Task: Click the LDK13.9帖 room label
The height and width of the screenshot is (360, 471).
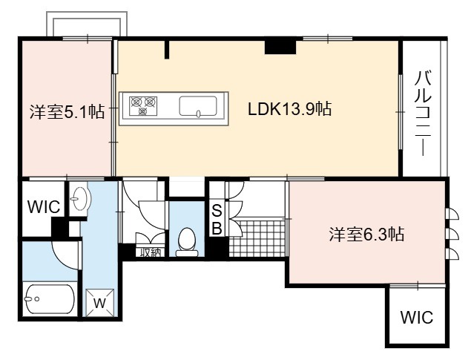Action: click(x=289, y=109)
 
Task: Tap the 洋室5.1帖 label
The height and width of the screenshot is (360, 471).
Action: click(x=67, y=112)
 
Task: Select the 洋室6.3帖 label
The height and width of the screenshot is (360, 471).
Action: click(x=366, y=234)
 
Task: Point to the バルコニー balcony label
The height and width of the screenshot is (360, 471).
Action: click(x=423, y=113)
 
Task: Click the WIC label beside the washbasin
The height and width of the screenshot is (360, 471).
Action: click(x=44, y=207)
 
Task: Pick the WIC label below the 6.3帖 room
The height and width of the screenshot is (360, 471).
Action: click(x=417, y=318)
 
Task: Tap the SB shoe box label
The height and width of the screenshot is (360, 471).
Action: click(x=217, y=220)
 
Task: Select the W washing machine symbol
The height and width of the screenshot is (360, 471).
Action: click(x=100, y=303)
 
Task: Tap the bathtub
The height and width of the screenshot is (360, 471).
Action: click(x=50, y=299)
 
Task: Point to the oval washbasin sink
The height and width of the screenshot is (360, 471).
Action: click(x=79, y=198)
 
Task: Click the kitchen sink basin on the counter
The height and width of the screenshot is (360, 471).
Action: click(x=198, y=106)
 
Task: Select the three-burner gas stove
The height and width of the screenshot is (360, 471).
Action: click(x=143, y=106)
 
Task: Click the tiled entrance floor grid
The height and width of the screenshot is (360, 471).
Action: click(x=257, y=238)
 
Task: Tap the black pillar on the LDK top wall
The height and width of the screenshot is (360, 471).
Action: click(x=280, y=47)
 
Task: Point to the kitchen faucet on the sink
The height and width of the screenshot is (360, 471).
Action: click(x=198, y=114)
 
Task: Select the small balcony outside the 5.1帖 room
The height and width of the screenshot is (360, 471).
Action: click(x=87, y=24)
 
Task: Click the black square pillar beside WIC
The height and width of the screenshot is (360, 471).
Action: click(x=60, y=227)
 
